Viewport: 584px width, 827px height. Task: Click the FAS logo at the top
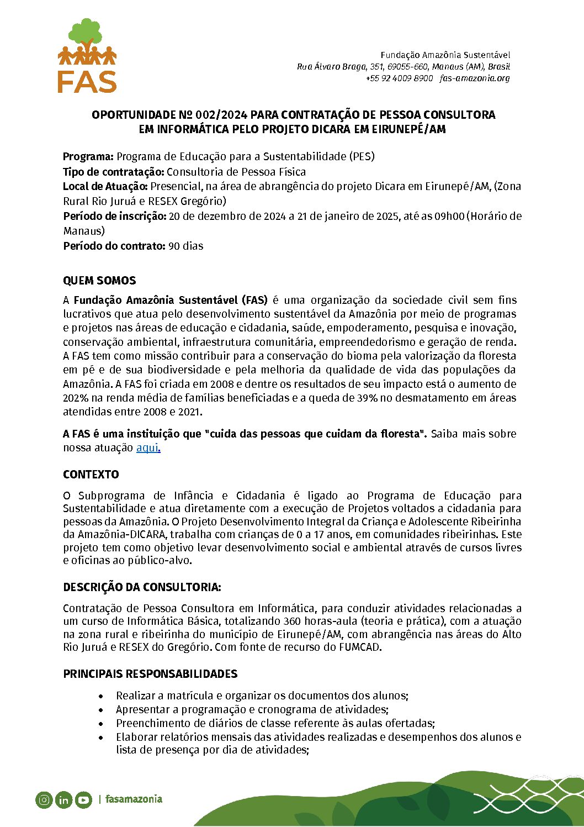tap(87, 56)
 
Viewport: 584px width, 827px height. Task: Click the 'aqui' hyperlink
tap(147, 448)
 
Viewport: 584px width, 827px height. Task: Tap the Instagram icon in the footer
tap(44, 799)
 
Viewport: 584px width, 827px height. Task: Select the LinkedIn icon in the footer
tap(64, 799)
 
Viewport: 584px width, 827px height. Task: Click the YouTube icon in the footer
tap(83, 799)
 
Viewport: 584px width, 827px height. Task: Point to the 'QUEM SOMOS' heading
tap(99, 281)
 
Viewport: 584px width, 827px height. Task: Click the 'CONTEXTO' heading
tap(91, 475)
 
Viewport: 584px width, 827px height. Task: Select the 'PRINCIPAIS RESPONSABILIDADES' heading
tap(150, 674)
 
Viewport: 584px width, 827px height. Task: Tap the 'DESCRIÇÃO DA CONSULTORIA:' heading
tap(142, 587)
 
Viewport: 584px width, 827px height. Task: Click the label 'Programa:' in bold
tap(88, 156)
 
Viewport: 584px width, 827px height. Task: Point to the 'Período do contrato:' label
tap(114, 246)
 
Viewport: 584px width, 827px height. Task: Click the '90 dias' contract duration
tap(186, 246)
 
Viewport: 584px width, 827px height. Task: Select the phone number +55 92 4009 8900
tap(399, 78)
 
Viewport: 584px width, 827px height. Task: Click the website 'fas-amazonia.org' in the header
tap(475, 78)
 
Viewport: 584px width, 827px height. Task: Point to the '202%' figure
tap(75, 398)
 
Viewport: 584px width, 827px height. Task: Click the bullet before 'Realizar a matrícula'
tap(100, 696)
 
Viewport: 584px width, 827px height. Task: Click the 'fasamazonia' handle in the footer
tap(134, 799)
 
